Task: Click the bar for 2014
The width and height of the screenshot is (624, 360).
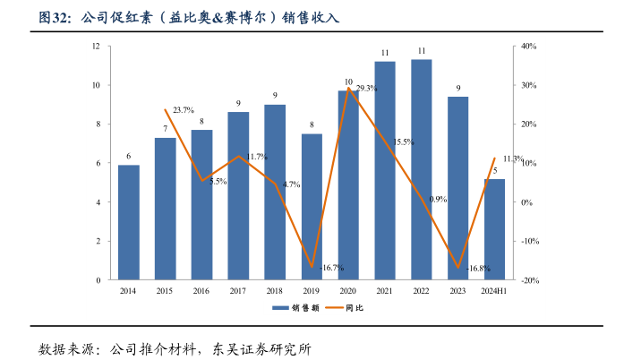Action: click(129, 222)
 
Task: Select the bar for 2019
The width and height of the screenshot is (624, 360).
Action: click(312, 207)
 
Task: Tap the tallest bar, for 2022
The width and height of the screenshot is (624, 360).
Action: click(422, 169)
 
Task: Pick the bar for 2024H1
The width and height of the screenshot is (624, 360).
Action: click(494, 229)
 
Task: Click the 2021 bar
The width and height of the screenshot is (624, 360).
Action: click(385, 170)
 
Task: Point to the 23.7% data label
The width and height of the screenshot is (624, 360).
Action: click(184, 110)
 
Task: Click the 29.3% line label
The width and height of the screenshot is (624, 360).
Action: click(366, 89)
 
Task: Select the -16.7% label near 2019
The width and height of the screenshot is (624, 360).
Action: click(331, 268)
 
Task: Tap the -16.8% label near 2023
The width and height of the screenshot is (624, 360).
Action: click(478, 268)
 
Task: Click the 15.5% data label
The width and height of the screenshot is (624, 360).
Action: click(403, 141)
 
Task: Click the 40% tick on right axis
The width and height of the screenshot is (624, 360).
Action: click(529, 46)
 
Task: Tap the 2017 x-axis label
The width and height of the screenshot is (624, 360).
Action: click(238, 291)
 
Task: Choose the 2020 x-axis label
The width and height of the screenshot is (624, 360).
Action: click(348, 291)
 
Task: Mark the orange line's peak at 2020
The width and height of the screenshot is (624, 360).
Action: click(348, 89)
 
